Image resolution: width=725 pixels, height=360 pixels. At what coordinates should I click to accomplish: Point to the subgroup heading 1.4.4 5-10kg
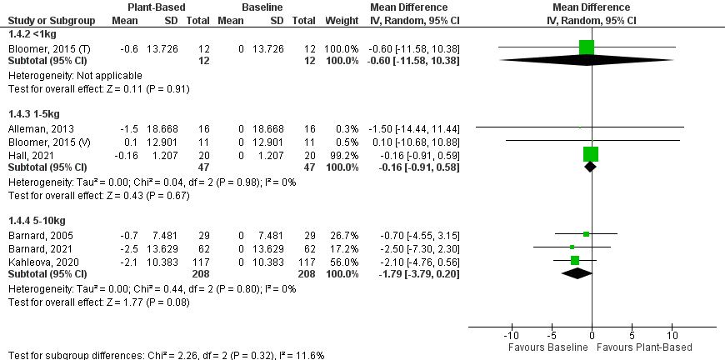click(34, 219)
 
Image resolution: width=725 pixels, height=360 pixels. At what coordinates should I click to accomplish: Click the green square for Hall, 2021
click(591, 153)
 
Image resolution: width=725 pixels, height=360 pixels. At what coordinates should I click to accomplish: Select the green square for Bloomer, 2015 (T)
click(587, 47)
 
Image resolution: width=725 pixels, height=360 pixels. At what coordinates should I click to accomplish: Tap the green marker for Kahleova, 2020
click(575, 260)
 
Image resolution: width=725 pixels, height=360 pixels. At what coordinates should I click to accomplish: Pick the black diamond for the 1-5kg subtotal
click(590, 167)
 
